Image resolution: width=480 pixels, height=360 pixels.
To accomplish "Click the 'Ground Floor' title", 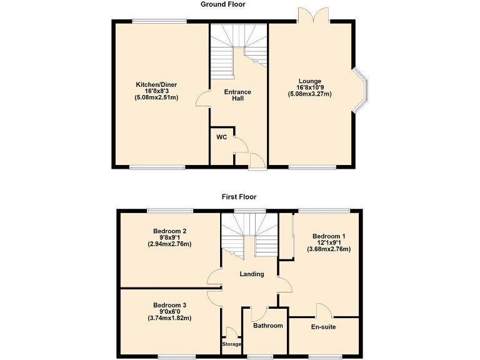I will coord(222,4).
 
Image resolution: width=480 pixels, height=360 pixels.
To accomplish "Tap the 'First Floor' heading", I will coord(239,197).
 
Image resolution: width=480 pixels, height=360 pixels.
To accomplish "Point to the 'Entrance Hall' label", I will coord(237,95).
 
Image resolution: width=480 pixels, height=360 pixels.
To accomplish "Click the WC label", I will coord(221,137).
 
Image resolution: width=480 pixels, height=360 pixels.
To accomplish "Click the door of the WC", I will coord(239,146).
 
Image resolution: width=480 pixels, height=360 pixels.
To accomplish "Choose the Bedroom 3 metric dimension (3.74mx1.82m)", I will coord(169,318).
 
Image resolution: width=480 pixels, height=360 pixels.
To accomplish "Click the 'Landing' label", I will coord(252,274).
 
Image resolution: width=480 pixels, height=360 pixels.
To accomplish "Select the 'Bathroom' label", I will coord(267,326).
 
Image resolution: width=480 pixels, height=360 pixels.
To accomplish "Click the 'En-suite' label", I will coord(324,326).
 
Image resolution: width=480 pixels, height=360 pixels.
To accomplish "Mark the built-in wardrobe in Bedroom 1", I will coord(286,236).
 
